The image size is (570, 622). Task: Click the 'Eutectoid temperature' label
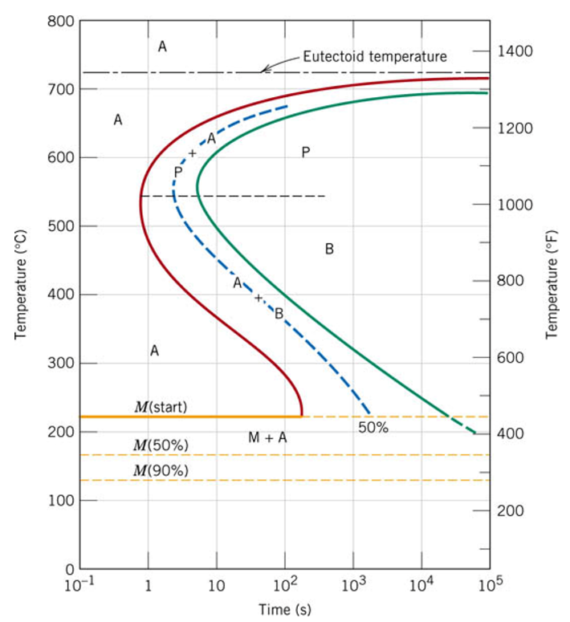tap(375, 57)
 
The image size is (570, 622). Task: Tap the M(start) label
tap(161, 407)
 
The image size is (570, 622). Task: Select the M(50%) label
tap(161, 445)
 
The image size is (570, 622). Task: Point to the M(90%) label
tap(161, 470)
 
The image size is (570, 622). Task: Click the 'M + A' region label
tap(267, 437)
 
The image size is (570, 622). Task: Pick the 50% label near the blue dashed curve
tap(373, 428)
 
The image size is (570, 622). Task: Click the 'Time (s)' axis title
tap(284, 611)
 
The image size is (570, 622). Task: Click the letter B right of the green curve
tap(329, 249)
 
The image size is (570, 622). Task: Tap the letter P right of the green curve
tap(305, 152)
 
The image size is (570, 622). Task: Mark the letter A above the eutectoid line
tap(162, 47)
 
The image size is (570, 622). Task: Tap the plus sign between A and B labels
tap(259, 298)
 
